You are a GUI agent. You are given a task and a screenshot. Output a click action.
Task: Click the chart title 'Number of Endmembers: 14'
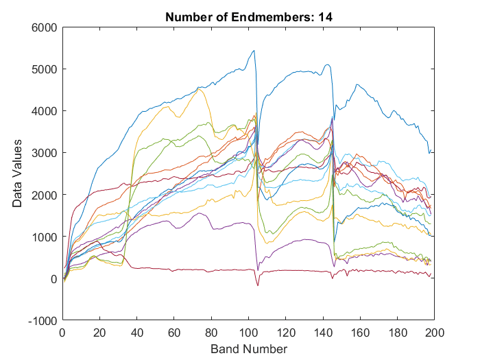coord(248,18)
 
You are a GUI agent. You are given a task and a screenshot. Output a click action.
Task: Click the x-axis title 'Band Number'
coord(248,349)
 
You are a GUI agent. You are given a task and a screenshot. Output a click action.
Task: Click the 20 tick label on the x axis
coord(99,333)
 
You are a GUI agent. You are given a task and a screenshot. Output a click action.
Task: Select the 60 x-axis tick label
coord(174,333)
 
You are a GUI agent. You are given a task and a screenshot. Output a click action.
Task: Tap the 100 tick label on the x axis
coord(248,333)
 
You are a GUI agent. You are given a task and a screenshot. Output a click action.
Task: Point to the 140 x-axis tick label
coord(323,333)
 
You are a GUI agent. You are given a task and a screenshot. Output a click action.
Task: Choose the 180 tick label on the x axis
coord(398,333)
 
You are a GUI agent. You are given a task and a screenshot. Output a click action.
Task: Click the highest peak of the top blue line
coord(254,50)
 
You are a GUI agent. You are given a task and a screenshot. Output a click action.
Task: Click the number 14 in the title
coord(325,18)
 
